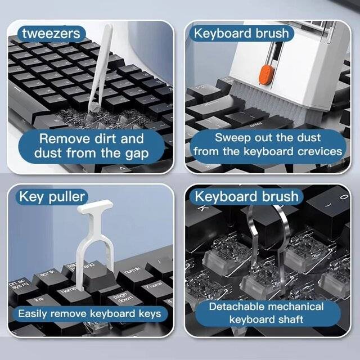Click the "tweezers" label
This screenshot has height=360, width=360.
[51, 34]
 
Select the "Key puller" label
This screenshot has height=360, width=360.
[52, 197]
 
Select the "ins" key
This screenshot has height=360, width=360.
[39, 300]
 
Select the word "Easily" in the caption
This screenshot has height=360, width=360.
[33, 314]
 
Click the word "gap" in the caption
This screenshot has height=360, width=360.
[137, 154]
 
